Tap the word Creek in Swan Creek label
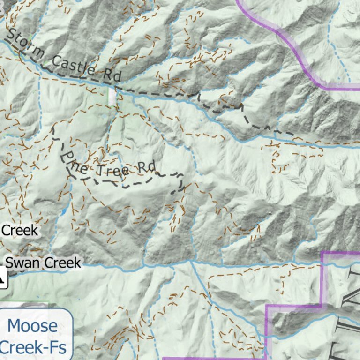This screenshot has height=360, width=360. (62, 262)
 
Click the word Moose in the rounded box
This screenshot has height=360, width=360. (33, 325)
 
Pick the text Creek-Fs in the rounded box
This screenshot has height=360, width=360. (33, 347)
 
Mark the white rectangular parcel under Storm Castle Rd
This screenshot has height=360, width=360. (112, 97)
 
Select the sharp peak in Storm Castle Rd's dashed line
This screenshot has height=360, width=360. (242, 105)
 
